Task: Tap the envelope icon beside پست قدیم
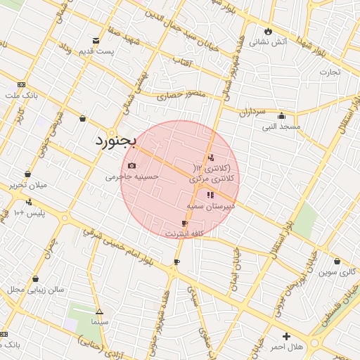click(96, 41)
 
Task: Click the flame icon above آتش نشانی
click(268, 31)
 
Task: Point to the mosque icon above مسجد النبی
click(281, 116)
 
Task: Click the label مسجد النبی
click(281, 127)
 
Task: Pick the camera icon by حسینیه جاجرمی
click(131, 166)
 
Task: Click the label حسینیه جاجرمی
click(132, 177)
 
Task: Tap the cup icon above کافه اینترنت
click(184, 223)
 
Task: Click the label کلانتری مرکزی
click(214, 179)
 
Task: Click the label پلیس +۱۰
click(30, 212)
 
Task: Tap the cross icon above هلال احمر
click(285, 337)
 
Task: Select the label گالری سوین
click(337, 272)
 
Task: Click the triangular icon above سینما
click(99, 311)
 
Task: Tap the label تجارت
click(330, 72)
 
